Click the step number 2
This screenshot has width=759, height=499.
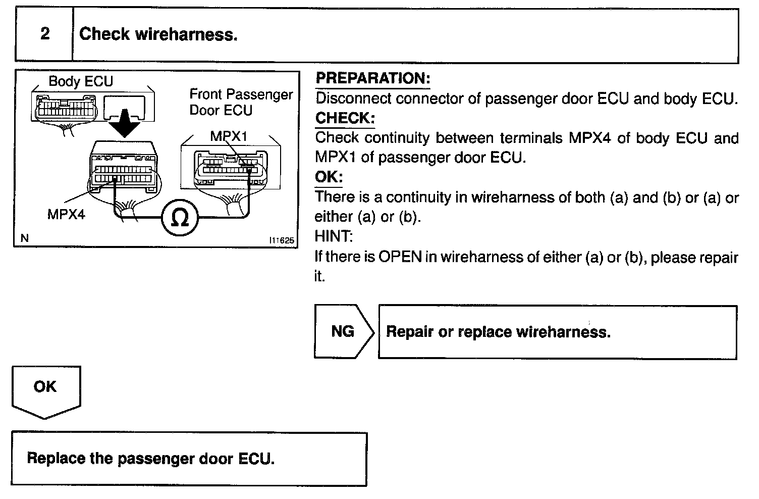pyautogui.click(x=45, y=34)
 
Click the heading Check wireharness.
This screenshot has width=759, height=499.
pyautogui.click(x=158, y=34)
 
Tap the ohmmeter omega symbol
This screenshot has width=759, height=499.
pyautogui.click(x=180, y=218)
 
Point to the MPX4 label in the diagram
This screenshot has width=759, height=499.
pyautogui.click(x=66, y=215)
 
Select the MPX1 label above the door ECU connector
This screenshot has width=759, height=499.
pyautogui.click(x=229, y=136)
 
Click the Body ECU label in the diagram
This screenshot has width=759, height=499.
pyautogui.click(x=81, y=81)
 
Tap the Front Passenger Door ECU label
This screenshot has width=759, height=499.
pyautogui.click(x=241, y=102)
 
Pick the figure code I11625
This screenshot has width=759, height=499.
pyautogui.click(x=282, y=240)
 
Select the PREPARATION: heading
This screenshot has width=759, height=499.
pyautogui.click(x=372, y=78)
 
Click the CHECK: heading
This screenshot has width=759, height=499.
pyautogui.click(x=345, y=118)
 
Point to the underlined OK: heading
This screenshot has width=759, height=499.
pyautogui.click(x=329, y=177)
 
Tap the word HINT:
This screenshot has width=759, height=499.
pyautogui.click(x=334, y=236)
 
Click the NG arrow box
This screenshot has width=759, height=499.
pyautogui.click(x=343, y=332)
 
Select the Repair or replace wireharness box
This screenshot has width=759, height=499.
pyautogui.click(x=557, y=332)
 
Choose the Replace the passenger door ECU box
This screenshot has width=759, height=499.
pyautogui.click(x=189, y=459)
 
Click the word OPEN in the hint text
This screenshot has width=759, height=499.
pyautogui.click(x=400, y=257)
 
